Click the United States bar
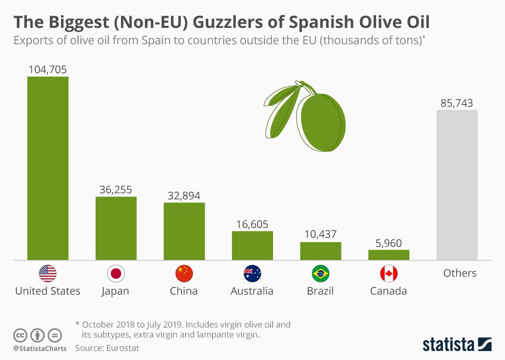(47, 168)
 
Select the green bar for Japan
(116, 228)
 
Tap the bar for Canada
(389, 255)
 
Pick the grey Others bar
(457, 185)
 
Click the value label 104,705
(47, 69)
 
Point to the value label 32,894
(184, 195)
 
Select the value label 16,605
(252, 224)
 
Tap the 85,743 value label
(457, 103)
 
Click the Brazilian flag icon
(321, 273)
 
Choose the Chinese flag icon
(184, 273)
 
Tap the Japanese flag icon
(116, 273)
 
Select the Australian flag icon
(252, 273)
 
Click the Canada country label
(389, 291)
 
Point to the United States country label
(47, 291)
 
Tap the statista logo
(457, 344)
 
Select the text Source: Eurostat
(107, 348)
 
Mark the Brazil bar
(321, 251)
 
